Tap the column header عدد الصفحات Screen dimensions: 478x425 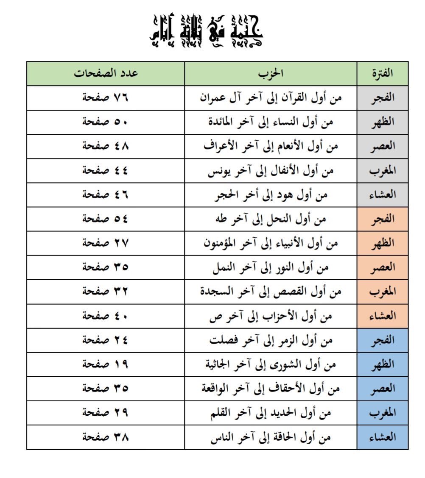point(106,73)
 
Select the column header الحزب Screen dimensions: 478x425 point(271,73)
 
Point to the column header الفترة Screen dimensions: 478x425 point(382,73)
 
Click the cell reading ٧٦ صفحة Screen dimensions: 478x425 point(106,98)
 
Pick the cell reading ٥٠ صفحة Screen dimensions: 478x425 point(106,122)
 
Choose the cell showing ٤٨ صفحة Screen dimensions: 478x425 point(106,146)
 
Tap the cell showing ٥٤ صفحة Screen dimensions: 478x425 point(106,219)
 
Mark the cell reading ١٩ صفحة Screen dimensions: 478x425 point(106,364)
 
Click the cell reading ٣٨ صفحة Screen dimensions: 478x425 point(106,437)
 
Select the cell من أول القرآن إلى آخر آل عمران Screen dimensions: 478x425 point(271,98)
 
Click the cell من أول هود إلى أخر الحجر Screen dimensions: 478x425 point(271,195)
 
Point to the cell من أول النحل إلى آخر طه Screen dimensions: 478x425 point(271,219)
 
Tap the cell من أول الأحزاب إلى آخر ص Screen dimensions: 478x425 point(271,316)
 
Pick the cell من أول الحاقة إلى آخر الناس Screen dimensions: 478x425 point(271,437)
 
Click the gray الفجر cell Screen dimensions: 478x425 point(382,98)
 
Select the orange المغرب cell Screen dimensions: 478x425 point(382,292)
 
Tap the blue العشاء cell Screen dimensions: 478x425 point(382,437)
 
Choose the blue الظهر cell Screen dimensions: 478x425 point(382,364)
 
